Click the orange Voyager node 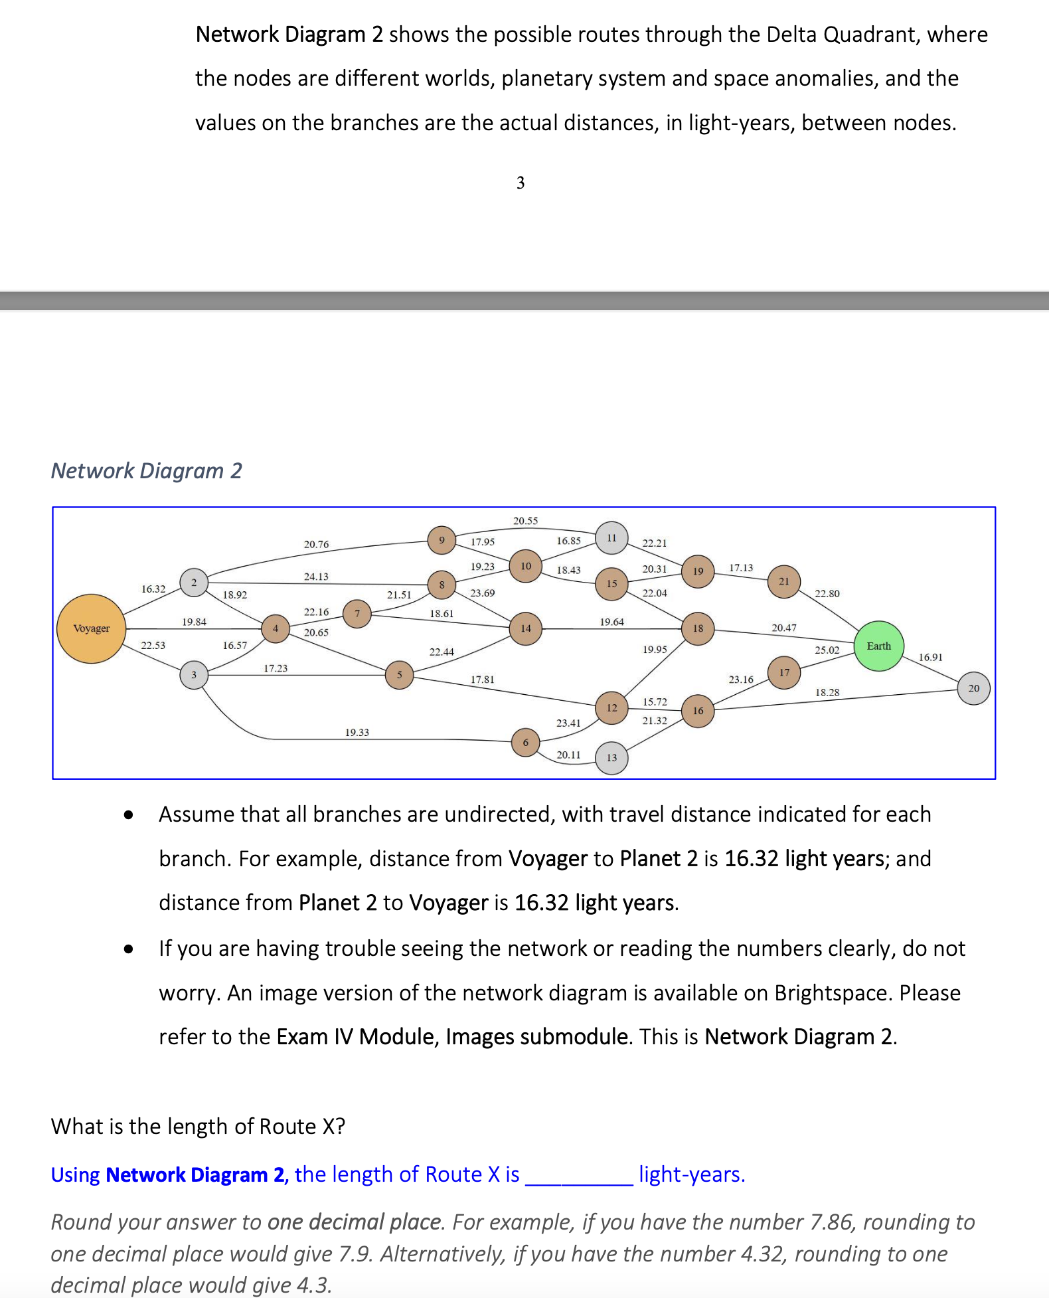(92, 628)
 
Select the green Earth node (878, 646)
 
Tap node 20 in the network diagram (973, 688)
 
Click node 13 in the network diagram (611, 758)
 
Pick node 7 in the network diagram (357, 613)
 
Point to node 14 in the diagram (526, 628)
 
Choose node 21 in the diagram (784, 581)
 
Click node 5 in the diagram (399, 675)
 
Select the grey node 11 (611, 537)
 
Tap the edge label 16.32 (153, 589)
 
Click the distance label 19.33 (357, 733)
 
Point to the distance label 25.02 (827, 650)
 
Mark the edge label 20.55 (525, 521)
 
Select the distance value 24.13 (316, 577)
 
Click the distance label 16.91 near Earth (930, 657)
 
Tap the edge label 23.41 (568, 723)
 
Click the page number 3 (521, 183)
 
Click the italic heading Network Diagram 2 (147, 471)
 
